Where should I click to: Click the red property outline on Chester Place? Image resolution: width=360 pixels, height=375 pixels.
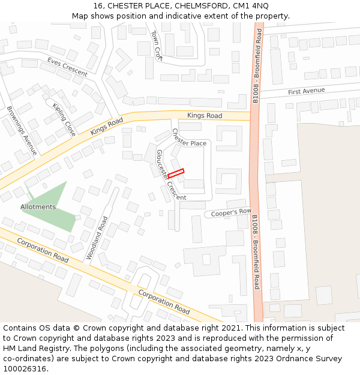click(x=176, y=173)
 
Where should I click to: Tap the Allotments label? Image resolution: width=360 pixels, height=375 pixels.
click(x=38, y=207)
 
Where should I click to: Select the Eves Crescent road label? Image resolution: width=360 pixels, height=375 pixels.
click(x=67, y=67)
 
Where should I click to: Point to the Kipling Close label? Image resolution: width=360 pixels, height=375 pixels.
click(x=64, y=119)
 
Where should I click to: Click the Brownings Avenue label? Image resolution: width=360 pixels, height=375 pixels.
click(x=22, y=130)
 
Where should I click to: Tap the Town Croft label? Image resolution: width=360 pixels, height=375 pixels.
click(x=157, y=46)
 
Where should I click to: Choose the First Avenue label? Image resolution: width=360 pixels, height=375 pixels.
click(x=306, y=91)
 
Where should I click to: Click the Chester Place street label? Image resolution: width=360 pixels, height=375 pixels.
click(x=189, y=138)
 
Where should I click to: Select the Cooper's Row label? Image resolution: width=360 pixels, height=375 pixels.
click(x=230, y=212)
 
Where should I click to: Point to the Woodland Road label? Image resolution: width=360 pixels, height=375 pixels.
click(x=97, y=238)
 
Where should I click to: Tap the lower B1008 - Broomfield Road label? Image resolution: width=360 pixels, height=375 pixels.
click(x=256, y=252)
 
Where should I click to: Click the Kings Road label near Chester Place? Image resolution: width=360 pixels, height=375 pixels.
click(x=204, y=116)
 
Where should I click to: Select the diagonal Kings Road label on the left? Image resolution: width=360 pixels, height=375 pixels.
click(x=106, y=127)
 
